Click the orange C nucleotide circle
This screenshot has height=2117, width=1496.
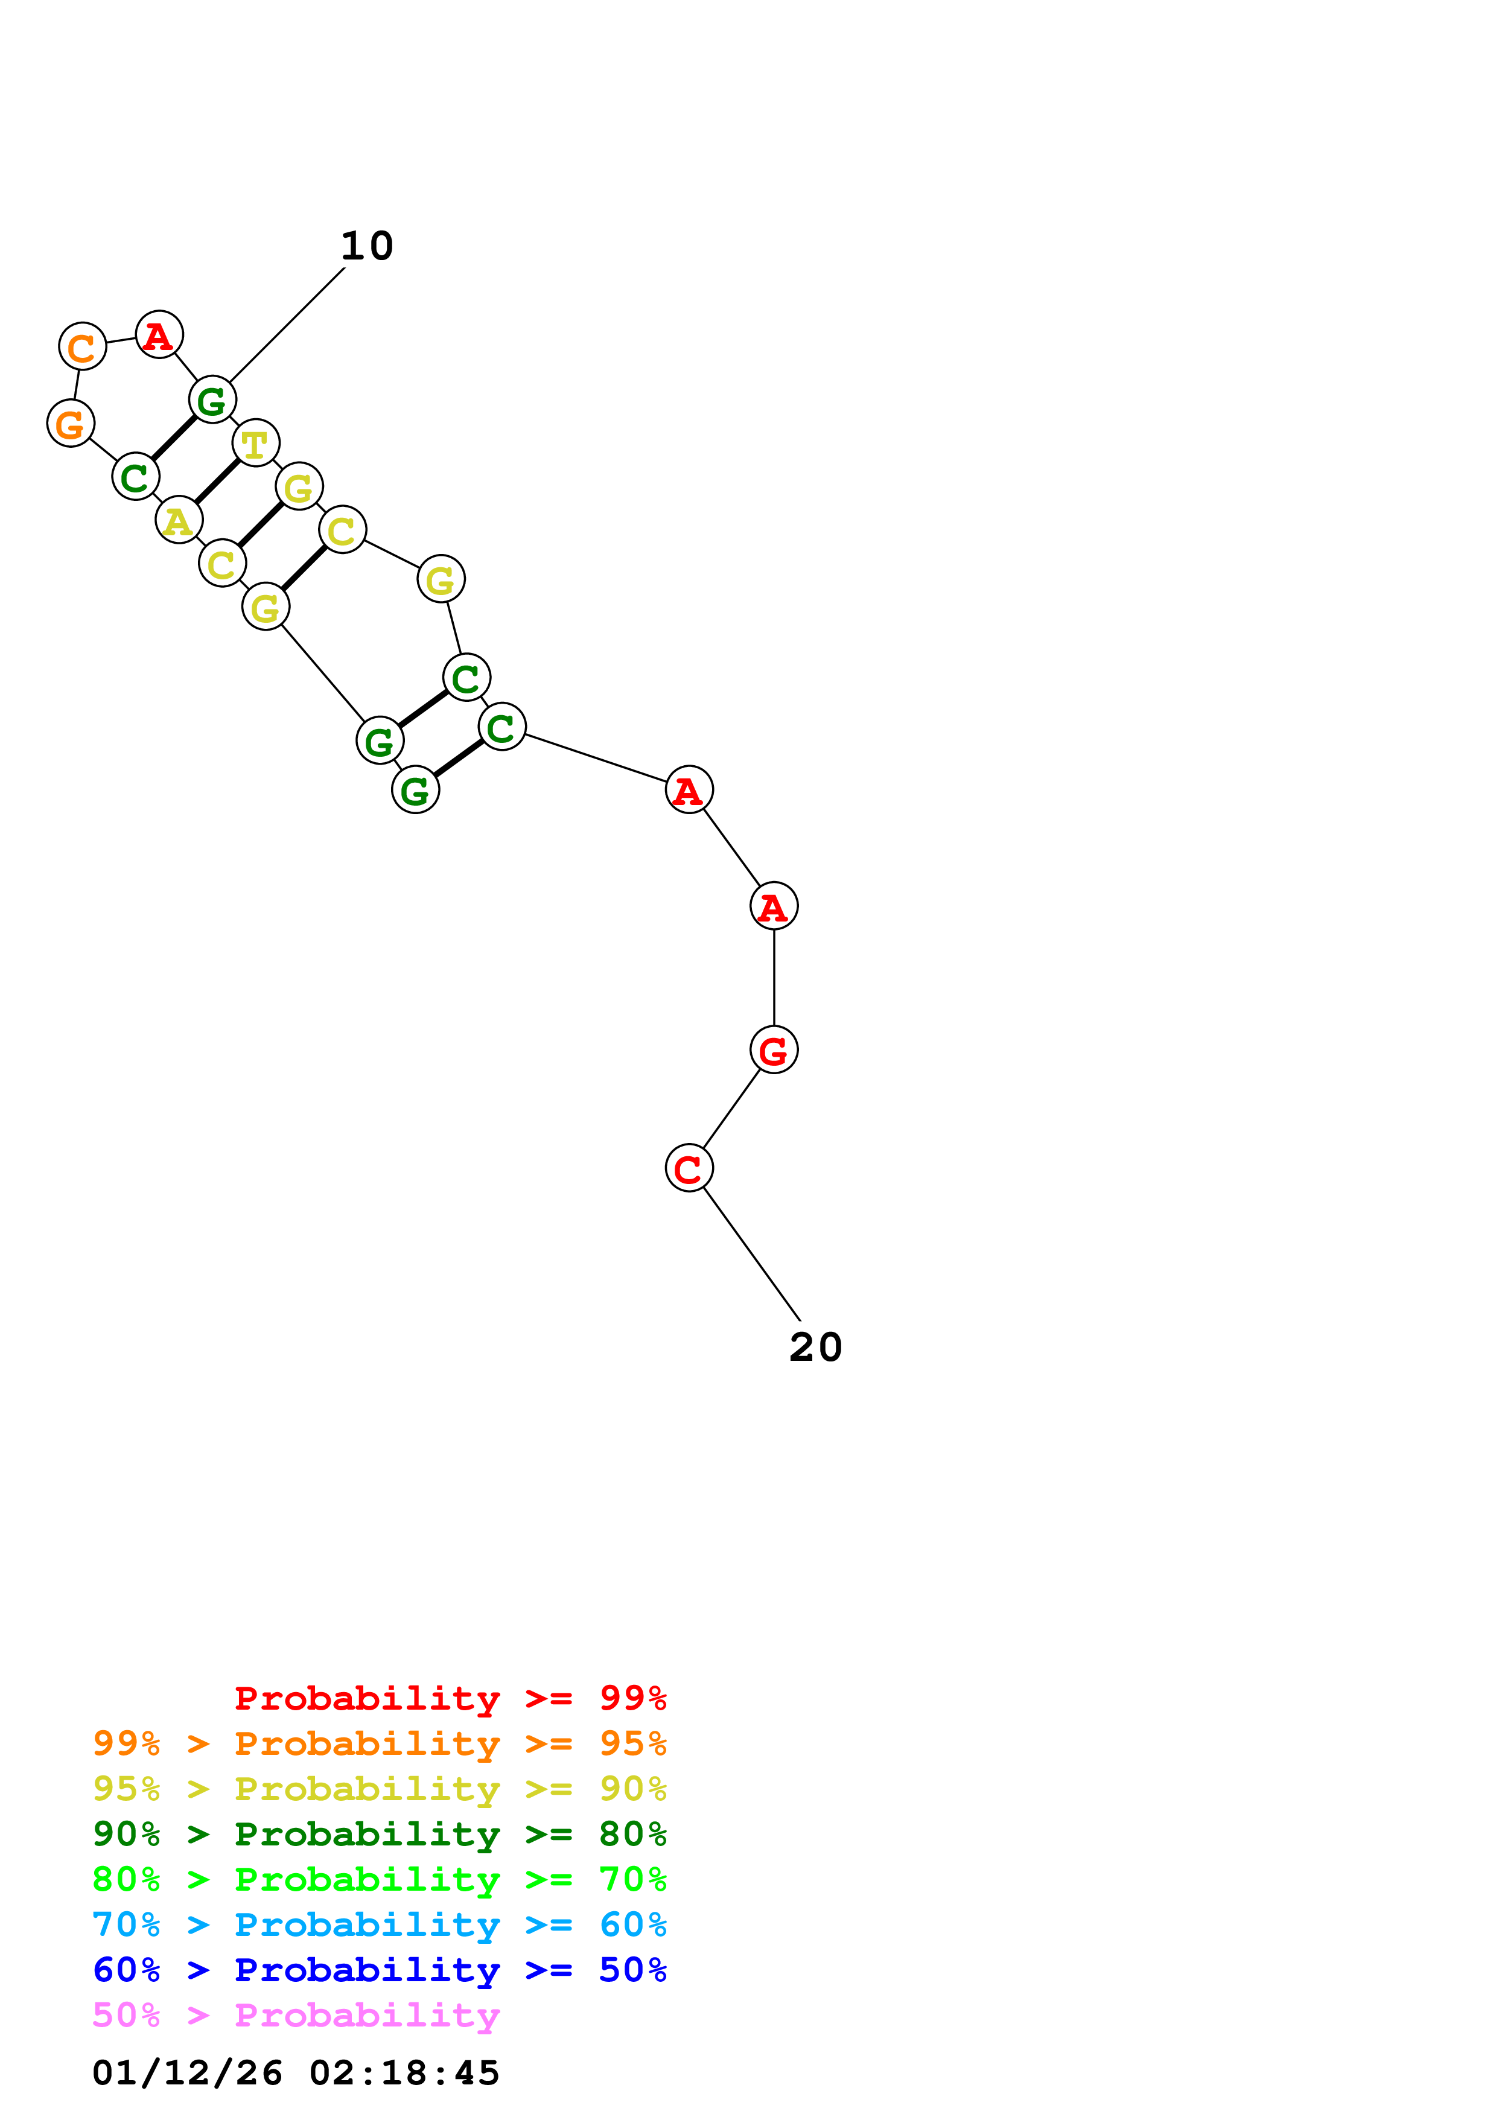click(82, 346)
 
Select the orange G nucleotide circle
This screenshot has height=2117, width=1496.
click(71, 423)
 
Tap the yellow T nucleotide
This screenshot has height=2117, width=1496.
click(255, 444)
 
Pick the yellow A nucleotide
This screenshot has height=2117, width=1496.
click(179, 520)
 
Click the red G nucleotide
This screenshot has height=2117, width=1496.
click(774, 1050)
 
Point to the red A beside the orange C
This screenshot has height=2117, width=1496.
click(159, 335)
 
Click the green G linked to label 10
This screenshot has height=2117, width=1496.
click(212, 400)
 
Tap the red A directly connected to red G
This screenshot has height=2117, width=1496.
click(774, 906)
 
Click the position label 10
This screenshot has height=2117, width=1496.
click(367, 246)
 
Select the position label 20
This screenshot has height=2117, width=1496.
click(816, 1347)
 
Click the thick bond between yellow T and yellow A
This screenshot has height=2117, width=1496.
click(217, 482)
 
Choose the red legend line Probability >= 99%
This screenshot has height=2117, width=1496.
click(450, 1698)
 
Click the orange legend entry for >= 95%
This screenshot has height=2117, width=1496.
click(379, 1743)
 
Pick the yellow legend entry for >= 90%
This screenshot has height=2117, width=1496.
click(379, 1789)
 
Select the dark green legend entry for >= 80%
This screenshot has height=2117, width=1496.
click(379, 1834)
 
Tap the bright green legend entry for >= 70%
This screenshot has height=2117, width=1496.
click(379, 1879)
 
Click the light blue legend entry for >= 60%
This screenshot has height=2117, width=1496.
click(379, 1924)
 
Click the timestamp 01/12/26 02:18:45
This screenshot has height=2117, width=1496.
click(296, 2073)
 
